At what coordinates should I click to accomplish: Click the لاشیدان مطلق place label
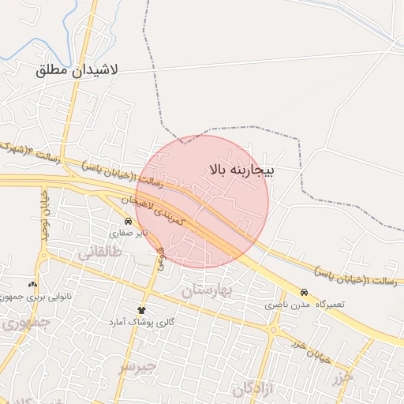point(77,69)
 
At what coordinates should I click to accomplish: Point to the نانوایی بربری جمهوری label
point(33,297)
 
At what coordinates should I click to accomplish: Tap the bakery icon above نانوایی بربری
point(32,284)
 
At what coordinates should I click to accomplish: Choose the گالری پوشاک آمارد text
point(143,323)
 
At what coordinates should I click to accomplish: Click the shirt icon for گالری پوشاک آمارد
point(142,310)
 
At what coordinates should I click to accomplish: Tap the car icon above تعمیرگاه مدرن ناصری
point(305,291)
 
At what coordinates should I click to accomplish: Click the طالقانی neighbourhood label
point(100,252)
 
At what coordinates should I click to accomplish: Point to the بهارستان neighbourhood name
point(208,291)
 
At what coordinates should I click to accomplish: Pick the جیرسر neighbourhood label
point(139,367)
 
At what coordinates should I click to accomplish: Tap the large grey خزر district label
point(344,377)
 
